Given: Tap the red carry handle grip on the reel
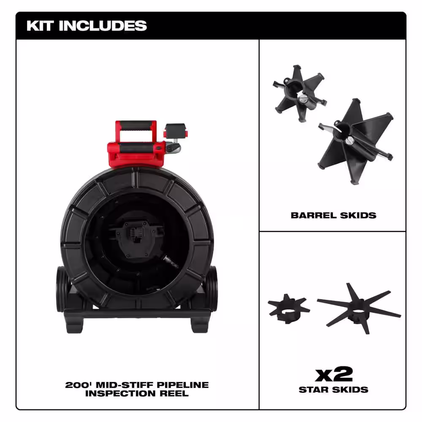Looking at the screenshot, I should [136, 125].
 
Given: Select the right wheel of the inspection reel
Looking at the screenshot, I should [211, 291].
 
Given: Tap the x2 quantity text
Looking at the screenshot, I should [333, 374].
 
